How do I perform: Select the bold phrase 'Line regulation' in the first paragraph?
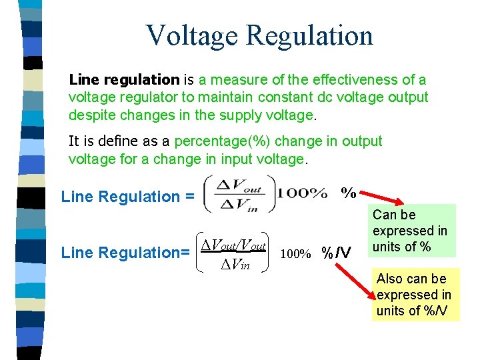pyautogui.click(x=124, y=80)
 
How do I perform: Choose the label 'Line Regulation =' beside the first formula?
pyautogui.click(x=127, y=197)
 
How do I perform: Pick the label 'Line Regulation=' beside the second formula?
pyautogui.click(x=124, y=253)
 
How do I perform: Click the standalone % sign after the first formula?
pyautogui.click(x=348, y=193)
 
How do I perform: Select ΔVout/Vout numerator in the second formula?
pyautogui.click(x=233, y=245)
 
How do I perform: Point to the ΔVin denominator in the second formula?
pyautogui.click(x=235, y=265)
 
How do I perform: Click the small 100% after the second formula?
pyautogui.click(x=295, y=254)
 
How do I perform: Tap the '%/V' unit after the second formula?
pyautogui.click(x=336, y=253)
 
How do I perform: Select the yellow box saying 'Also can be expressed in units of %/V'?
pyautogui.click(x=415, y=295)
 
